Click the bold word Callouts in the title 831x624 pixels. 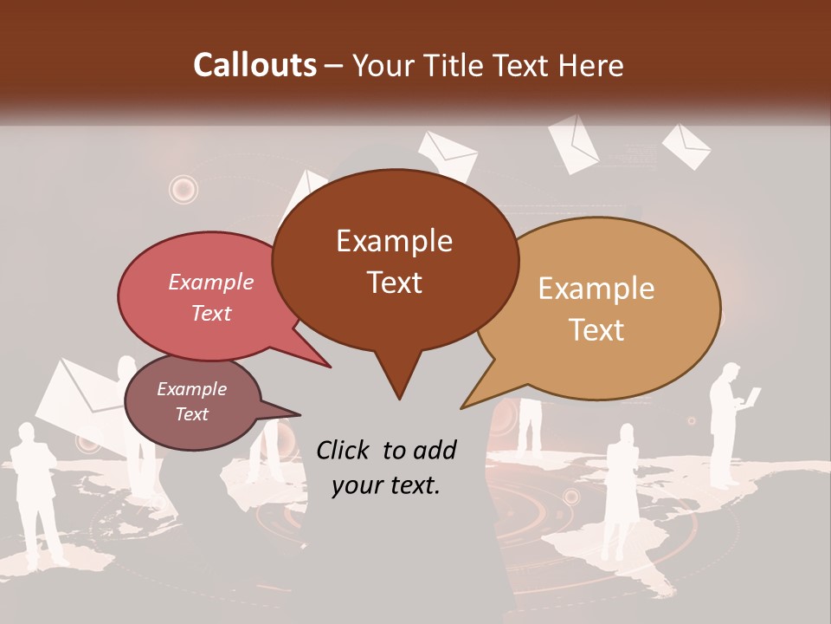pyautogui.click(x=254, y=66)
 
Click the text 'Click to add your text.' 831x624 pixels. pyautogui.click(x=386, y=467)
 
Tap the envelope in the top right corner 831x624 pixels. pyautogui.click(x=686, y=145)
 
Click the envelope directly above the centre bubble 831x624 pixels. pyautogui.click(x=448, y=153)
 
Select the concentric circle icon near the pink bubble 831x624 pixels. pyautogui.click(x=184, y=188)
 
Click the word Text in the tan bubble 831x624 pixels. pyautogui.click(x=597, y=330)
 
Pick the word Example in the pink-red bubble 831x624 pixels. pyautogui.click(x=210, y=282)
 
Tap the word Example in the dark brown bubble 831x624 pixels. pyautogui.click(x=394, y=241)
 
